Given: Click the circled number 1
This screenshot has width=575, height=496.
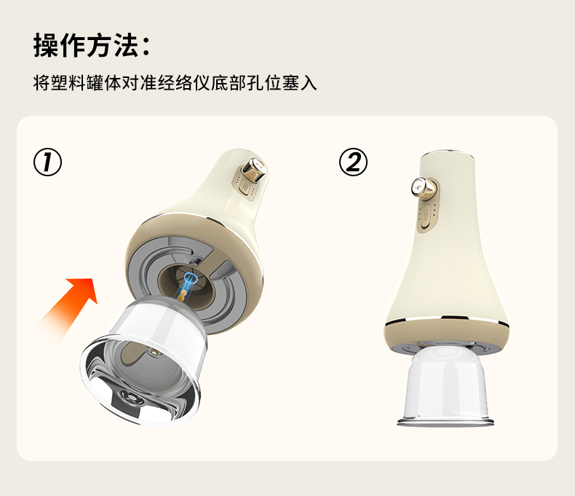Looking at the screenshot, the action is pyautogui.click(x=47, y=162).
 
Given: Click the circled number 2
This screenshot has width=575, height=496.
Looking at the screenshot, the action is pyautogui.click(x=353, y=162).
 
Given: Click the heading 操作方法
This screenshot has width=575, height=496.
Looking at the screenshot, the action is pyautogui.click(x=86, y=45).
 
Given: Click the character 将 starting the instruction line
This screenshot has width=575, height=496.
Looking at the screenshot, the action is pyautogui.click(x=41, y=83).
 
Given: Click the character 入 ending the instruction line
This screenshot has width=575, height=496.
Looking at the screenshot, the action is pyautogui.click(x=309, y=83).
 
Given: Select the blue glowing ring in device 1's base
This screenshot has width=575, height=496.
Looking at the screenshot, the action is pyautogui.click(x=190, y=279).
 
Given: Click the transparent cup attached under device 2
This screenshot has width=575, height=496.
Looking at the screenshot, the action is pyautogui.click(x=445, y=385).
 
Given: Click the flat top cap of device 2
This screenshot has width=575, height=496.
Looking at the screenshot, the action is pyautogui.click(x=448, y=152).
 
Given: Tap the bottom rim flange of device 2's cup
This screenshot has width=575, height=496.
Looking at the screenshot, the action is pyautogui.click(x=445, y=422).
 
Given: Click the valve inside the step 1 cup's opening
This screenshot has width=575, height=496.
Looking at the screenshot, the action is pyautogui.click(x=130, y=397).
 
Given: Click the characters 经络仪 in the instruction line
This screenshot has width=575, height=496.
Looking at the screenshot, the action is pyautogui.click(x=183, y=83).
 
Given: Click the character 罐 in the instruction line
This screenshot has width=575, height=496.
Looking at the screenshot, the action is pyautogui.click(x=95, y=83).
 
